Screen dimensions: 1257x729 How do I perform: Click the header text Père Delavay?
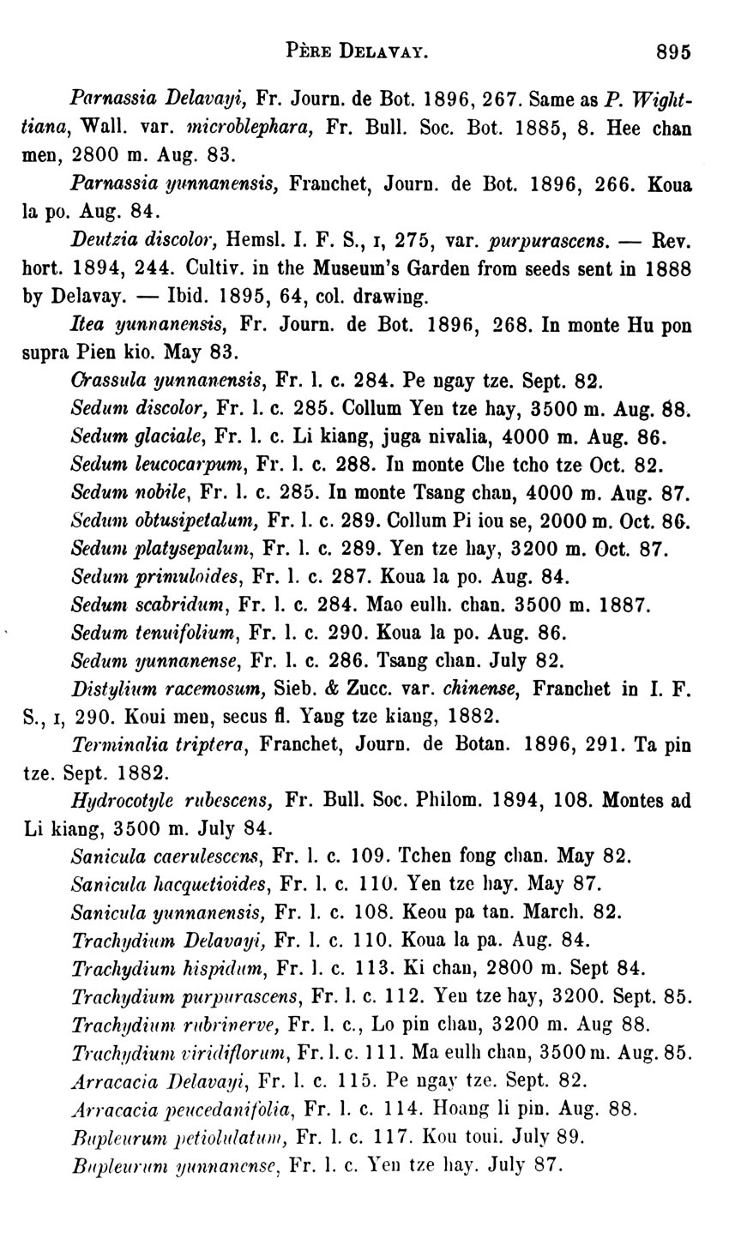[354, 51]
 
